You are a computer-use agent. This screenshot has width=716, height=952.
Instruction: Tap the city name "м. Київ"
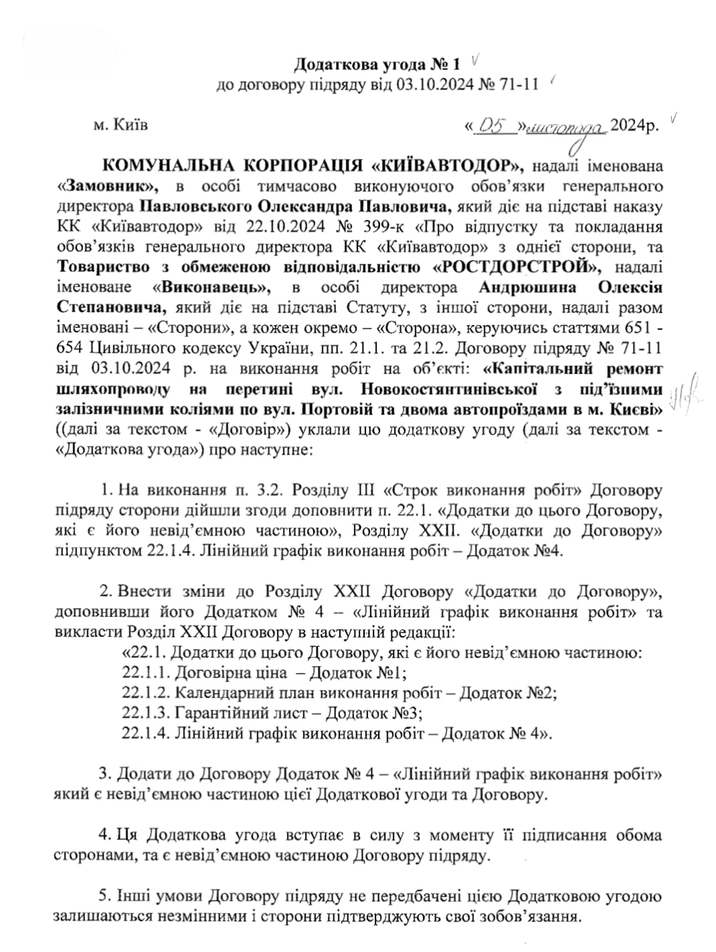121,125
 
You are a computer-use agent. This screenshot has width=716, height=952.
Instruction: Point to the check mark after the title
475,62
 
